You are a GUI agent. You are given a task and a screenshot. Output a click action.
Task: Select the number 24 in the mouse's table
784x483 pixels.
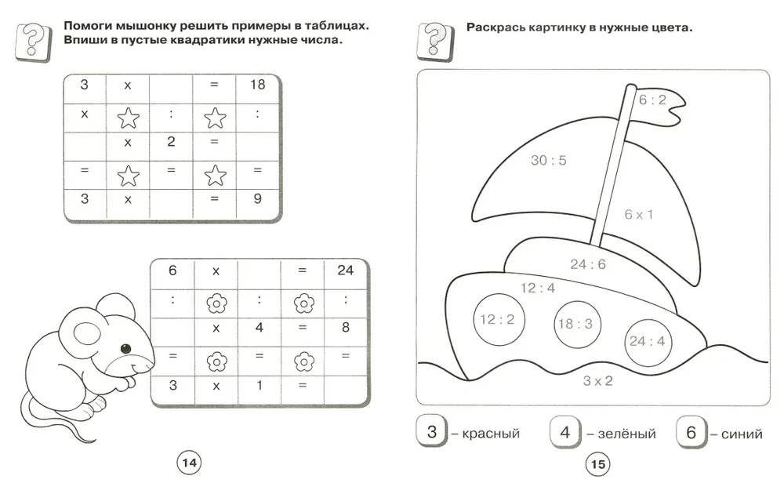coord(345,271)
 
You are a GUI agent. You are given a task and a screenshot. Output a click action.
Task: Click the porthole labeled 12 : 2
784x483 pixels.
coord(497,319)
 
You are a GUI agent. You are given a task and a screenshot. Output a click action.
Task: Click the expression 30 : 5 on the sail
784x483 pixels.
coord(548,161)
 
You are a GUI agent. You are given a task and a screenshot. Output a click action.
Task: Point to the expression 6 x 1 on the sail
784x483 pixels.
coord(638,214)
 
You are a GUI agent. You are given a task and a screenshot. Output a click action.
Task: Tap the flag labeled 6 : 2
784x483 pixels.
coord(652,100)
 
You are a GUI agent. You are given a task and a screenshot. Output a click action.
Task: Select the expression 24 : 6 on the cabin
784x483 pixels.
coord(587,264)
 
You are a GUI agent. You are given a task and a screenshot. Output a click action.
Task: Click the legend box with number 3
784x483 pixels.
coord(431,431)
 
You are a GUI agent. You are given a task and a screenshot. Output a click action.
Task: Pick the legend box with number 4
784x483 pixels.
coord(564,431)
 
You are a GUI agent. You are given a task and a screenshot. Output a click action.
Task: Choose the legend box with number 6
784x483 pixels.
coord(691,431)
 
